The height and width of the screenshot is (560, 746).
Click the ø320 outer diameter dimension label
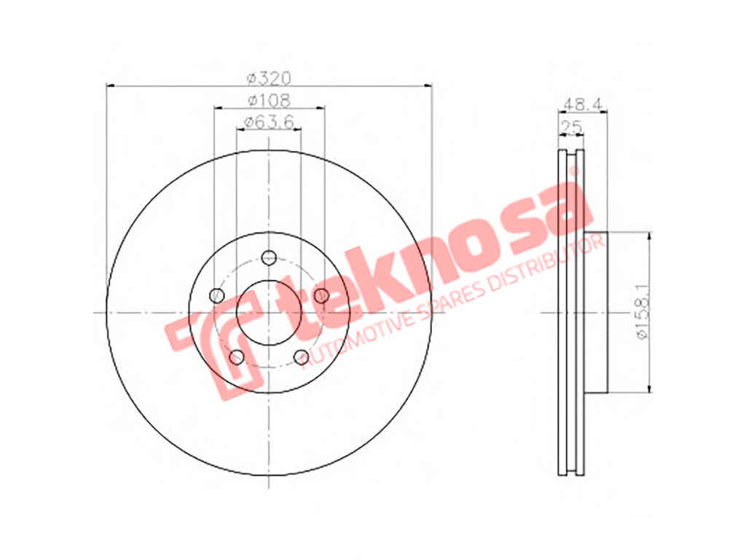click(x=269, y=77)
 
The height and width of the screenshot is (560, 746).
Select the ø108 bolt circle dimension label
click(x=269, y=101)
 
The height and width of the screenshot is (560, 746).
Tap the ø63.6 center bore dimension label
click(x=269, y=122)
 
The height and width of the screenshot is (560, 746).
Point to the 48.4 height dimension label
click(x=583, y=104)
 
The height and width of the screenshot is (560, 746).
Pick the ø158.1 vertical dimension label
click(x=643, y=312)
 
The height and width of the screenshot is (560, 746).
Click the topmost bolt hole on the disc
click(x=269, y=257)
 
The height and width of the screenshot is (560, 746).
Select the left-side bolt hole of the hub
click(x=217, y=295)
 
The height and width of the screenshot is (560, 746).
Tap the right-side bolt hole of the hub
click(x=321, y=295)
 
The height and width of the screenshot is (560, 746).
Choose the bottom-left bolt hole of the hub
click(x=237, y=357)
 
